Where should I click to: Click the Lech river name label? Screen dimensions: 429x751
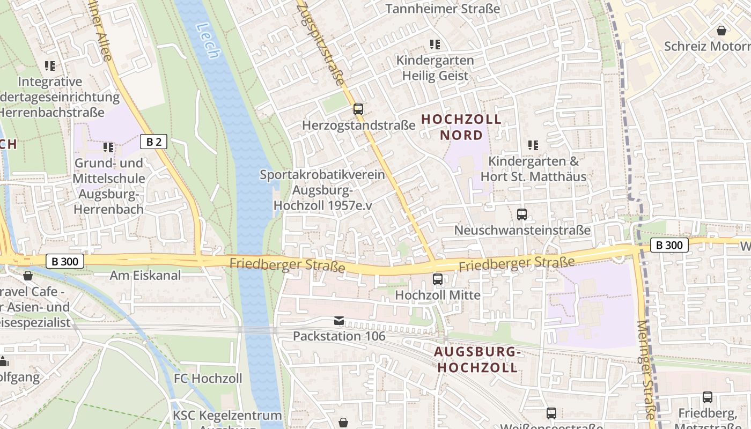click(x=208, y=40)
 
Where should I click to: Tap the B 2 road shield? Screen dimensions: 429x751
click(x=153, y=142)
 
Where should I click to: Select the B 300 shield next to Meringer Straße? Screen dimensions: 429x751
click(x=669, y=245)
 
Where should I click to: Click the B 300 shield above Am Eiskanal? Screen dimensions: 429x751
click(x=65, y=262)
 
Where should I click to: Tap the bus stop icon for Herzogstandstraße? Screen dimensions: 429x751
click(x=358, y=109)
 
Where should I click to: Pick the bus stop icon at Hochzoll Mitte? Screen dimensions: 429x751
click(x=438, y=279)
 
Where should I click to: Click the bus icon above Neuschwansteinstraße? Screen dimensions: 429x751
click(x=522, y=214)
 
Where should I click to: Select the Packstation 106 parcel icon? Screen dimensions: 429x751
click(x=339, y=321)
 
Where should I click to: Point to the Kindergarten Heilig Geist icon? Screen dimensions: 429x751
click(x=435, y=45)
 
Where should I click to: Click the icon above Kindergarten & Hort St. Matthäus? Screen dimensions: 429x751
click(x=533, y=145)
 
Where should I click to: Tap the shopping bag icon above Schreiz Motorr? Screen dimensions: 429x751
click(x=721, y=31)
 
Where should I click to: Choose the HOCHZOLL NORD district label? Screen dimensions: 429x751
click(x=461, y=127)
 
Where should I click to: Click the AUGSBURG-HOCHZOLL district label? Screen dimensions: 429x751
click(x=477, y=360)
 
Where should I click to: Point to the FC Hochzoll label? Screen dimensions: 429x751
click(x=208, y=379)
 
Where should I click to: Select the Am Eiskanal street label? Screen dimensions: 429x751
click(x=145, y=276)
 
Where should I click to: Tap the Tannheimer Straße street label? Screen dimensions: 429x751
click(x=443, y=9)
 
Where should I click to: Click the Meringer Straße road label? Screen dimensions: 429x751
click(x=647, y=370)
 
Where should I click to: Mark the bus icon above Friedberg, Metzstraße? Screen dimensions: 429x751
click(x=708, y=397)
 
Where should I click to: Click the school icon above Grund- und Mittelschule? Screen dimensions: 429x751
click(x=108, y=147)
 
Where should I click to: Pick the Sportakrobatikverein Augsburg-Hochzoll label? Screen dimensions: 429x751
click(x=323, y=190)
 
